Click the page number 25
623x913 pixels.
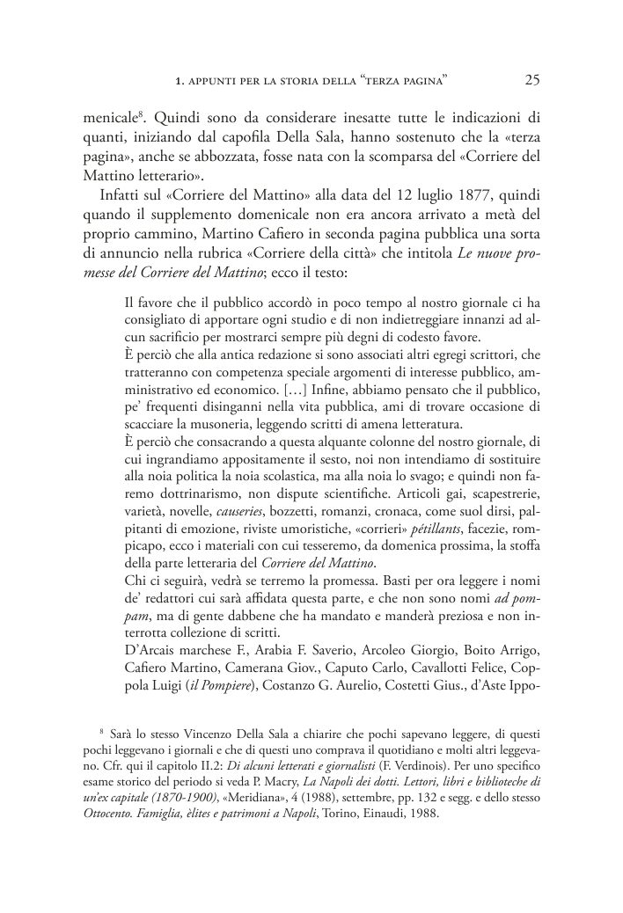(x=531, y=80)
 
